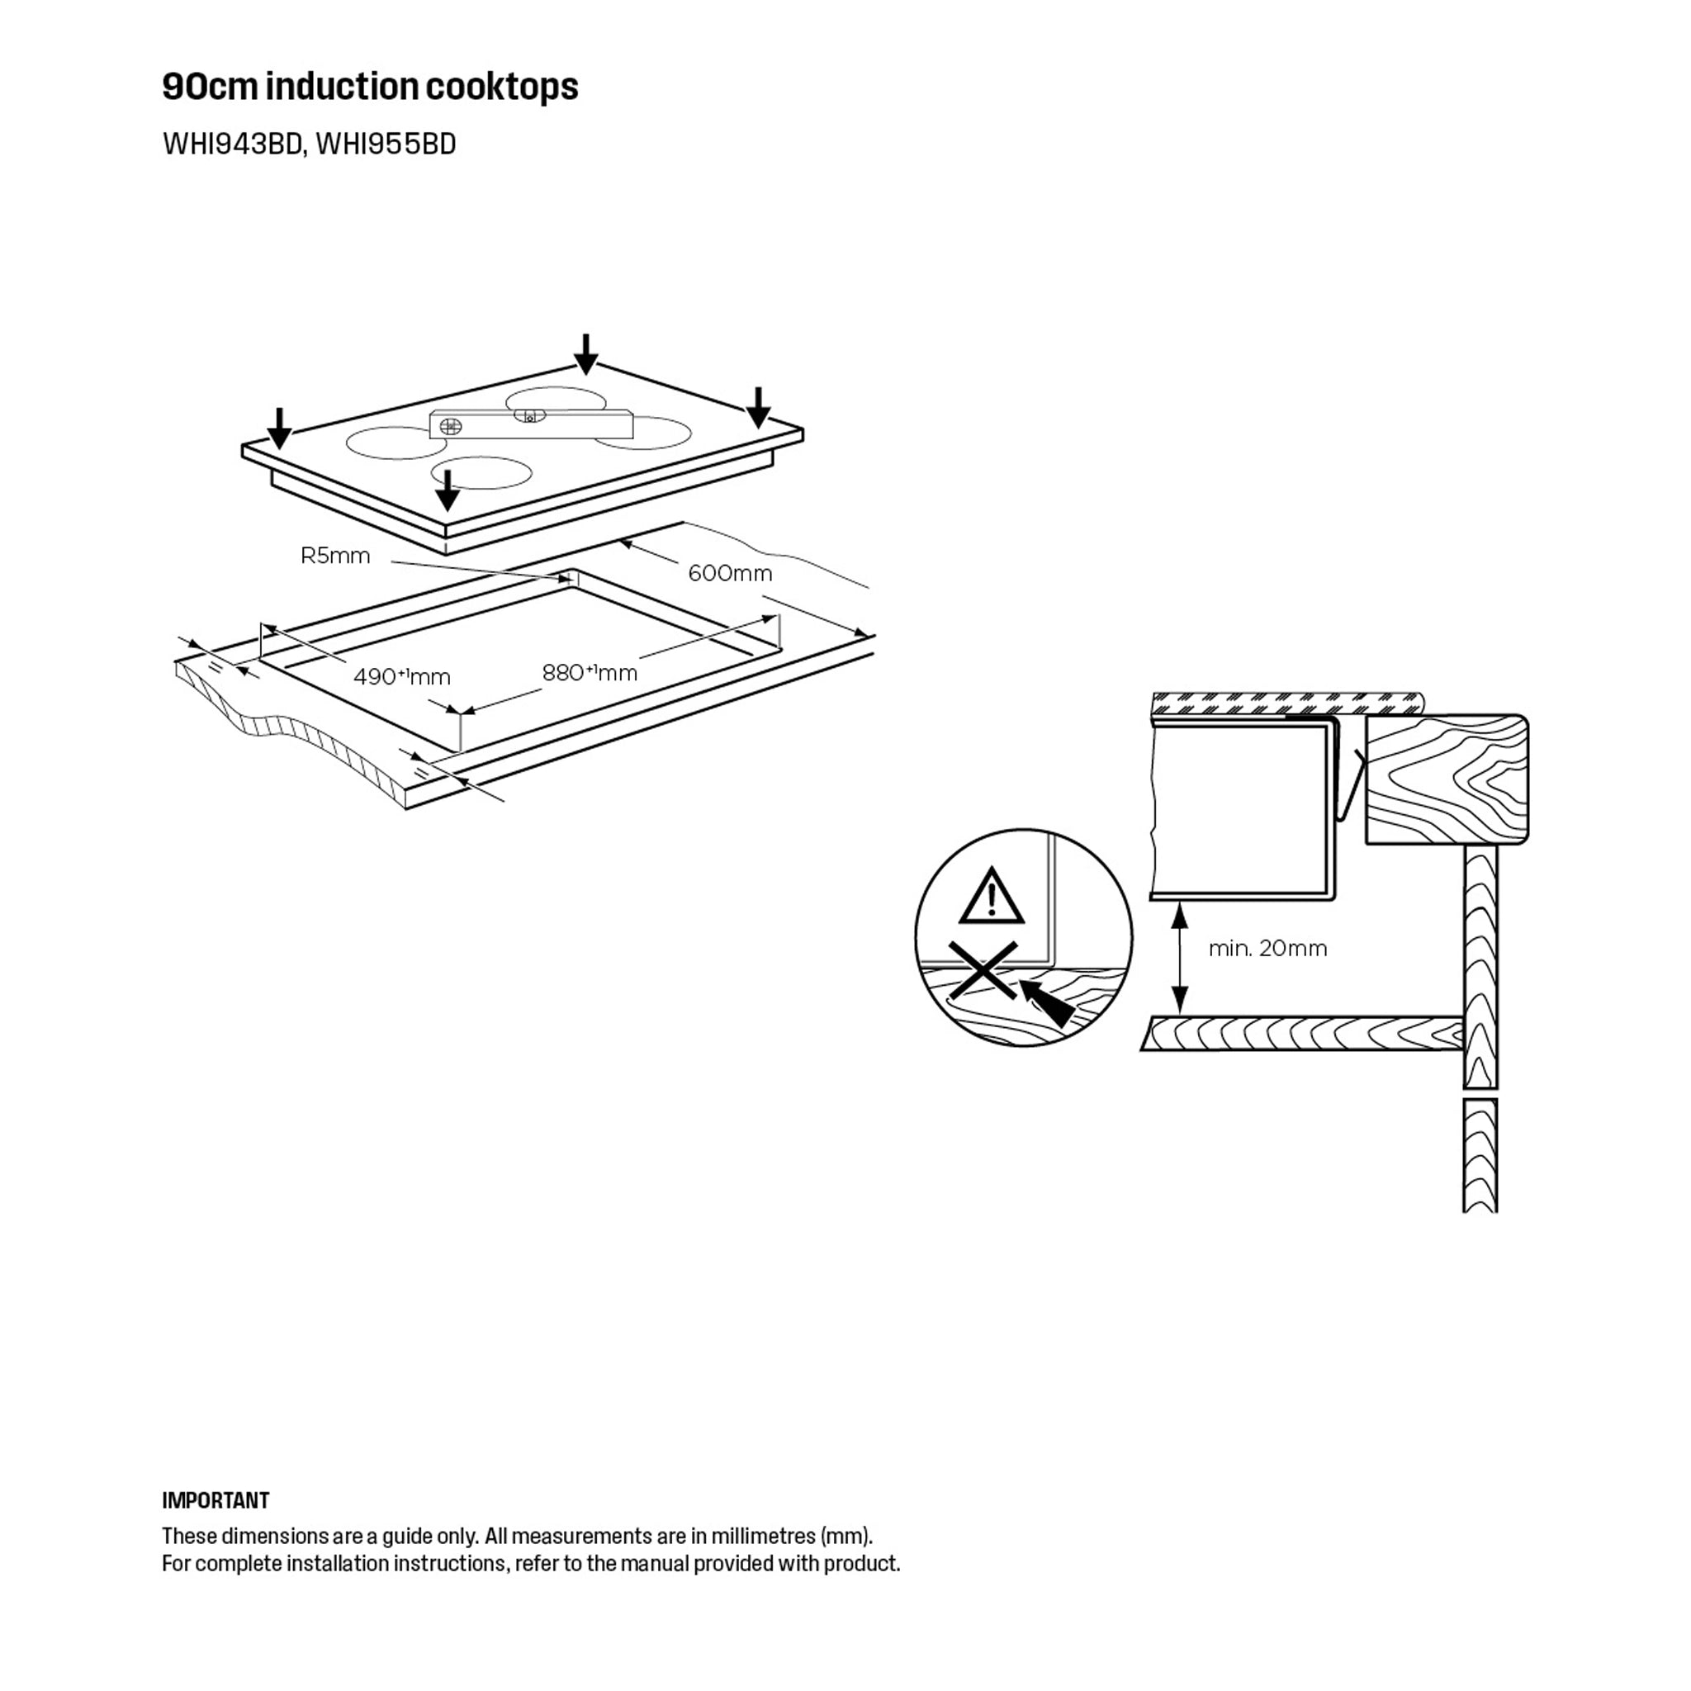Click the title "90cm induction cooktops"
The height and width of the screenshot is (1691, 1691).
click(x=370, y=87)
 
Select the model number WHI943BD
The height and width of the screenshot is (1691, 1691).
click(x=232, y=144)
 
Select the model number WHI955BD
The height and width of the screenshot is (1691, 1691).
click(x=386, y=144)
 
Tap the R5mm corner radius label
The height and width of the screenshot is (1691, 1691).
click(x=335, y=556)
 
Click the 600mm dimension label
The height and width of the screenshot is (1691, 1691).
click(x=730, y=573)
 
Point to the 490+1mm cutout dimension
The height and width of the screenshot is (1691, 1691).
click(x=402, y=676)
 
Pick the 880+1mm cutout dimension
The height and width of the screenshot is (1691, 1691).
click(x=589, y=672)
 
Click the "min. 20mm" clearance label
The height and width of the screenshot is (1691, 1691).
click(x=1267, y=948)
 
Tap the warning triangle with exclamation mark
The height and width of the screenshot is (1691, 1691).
click(x=991, y=898)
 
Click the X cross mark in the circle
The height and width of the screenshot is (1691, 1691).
click(x=983, y=970)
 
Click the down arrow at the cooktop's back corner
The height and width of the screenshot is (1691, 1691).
click(x=585, y=353)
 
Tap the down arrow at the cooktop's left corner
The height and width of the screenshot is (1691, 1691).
click(x=279, y=427)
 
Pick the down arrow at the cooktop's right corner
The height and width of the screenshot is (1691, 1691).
click(x=758, y=407)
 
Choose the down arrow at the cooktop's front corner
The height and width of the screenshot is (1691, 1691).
click(x=448, y=490)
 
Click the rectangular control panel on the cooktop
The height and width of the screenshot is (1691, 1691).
click(x=531, y=424)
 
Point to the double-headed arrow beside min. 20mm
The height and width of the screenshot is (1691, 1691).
click(x=1180, y=959)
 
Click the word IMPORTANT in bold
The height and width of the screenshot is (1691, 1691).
click(x=216, y=1501)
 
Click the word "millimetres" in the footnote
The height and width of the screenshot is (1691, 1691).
click(x=762, y=1536)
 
